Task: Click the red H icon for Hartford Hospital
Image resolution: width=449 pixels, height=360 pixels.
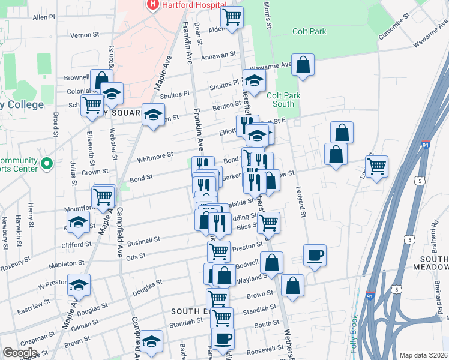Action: point(152,5)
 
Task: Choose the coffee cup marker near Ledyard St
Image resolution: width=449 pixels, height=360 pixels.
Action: point(315,256)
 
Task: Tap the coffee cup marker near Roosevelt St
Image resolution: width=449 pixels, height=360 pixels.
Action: point(223,338)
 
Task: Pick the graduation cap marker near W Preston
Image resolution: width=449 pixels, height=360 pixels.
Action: point(79,286)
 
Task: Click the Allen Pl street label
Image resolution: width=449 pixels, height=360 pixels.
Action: point(44,17)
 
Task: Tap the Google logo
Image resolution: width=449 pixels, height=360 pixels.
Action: point(19,353)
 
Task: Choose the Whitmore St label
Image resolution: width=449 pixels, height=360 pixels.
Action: point(155,156)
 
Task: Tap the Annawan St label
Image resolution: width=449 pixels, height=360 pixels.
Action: point(218,56)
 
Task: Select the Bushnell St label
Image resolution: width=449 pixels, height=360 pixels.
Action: point(144,239)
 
